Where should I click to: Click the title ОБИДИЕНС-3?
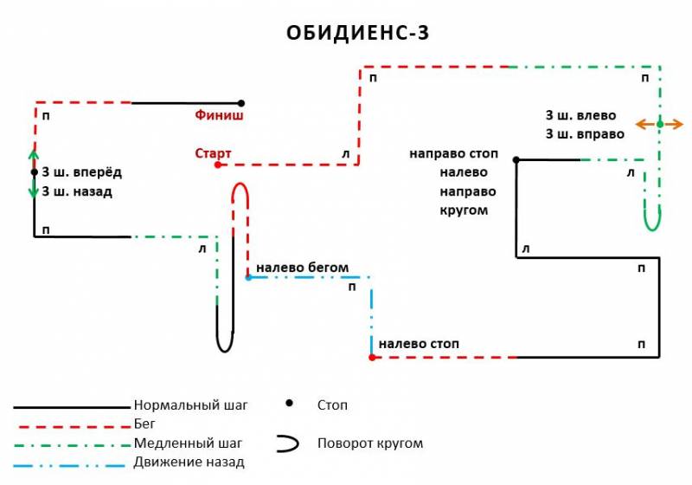click(x=358, y=33)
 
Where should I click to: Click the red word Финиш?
click(x=220, y=114)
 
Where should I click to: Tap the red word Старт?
click(x=213, y=153)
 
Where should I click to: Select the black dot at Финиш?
click(x=241, y=103)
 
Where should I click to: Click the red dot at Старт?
click(x=218, y=164)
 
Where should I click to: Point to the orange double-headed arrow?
click(x=659, y=125)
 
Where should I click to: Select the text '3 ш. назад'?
click(x=77, y=191)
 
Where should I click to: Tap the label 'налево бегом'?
click(x=302, y=268)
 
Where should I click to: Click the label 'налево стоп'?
click(x=419, y=344)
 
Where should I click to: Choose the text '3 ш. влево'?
click(x=580, y=115)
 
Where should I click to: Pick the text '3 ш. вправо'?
click(x=585, y=134)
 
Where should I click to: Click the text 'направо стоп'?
click(x=453, y=153)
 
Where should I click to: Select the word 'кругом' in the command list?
click(x=464, y=210)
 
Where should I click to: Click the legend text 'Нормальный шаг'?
click(x=190, y=404)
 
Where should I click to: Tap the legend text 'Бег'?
click(x=144, y=424)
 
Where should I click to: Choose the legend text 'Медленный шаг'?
click(x=188, y=443)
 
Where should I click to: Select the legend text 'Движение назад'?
click(x=189, y=462)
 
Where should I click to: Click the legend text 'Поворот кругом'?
click(x=370, y=443)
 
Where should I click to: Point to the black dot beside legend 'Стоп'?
click(x=289, y=403)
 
